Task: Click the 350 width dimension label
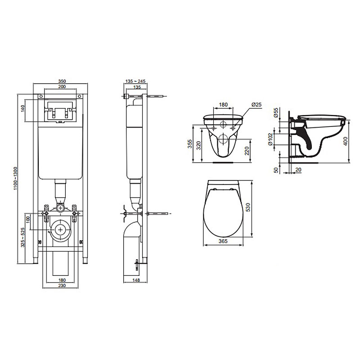click(x=62, y=81)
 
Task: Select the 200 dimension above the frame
click(x=62, y=86)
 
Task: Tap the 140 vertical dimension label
click(x=22, y=108)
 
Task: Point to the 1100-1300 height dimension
click(x=15, y=178)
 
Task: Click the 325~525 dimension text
click(x=23, y=238)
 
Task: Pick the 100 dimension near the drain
click(x=28, y=220)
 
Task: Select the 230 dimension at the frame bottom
click(x=62, y=285)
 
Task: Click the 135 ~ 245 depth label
click(x=136, y=81)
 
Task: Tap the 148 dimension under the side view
click(x=136, y=280)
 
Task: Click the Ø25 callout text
click(x=256, y=104)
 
